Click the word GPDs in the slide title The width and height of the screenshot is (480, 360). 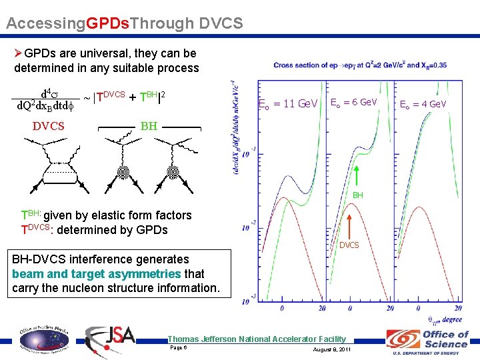pyautogui.click(x=108, y=24)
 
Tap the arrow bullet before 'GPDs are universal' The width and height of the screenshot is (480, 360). pyautogui.click(x=19, y=53)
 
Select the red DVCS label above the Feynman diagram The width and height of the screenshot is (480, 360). pyautogui.click(x=49, y=126)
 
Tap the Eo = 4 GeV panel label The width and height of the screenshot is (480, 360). pyautogui.click(x=423, y=104)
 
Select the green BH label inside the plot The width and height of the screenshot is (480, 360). pyautogui.click(x=358, y=195)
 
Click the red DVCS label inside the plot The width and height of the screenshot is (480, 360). pyautogui.click(x=349, y=245)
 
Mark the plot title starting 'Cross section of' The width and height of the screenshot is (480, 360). pyautogui.click(x=359, y=65)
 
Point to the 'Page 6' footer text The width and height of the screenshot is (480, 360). pyautogui.click(x=179, y=348)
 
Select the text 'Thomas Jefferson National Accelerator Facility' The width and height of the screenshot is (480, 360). pyautogui.click(x=257, y=339)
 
